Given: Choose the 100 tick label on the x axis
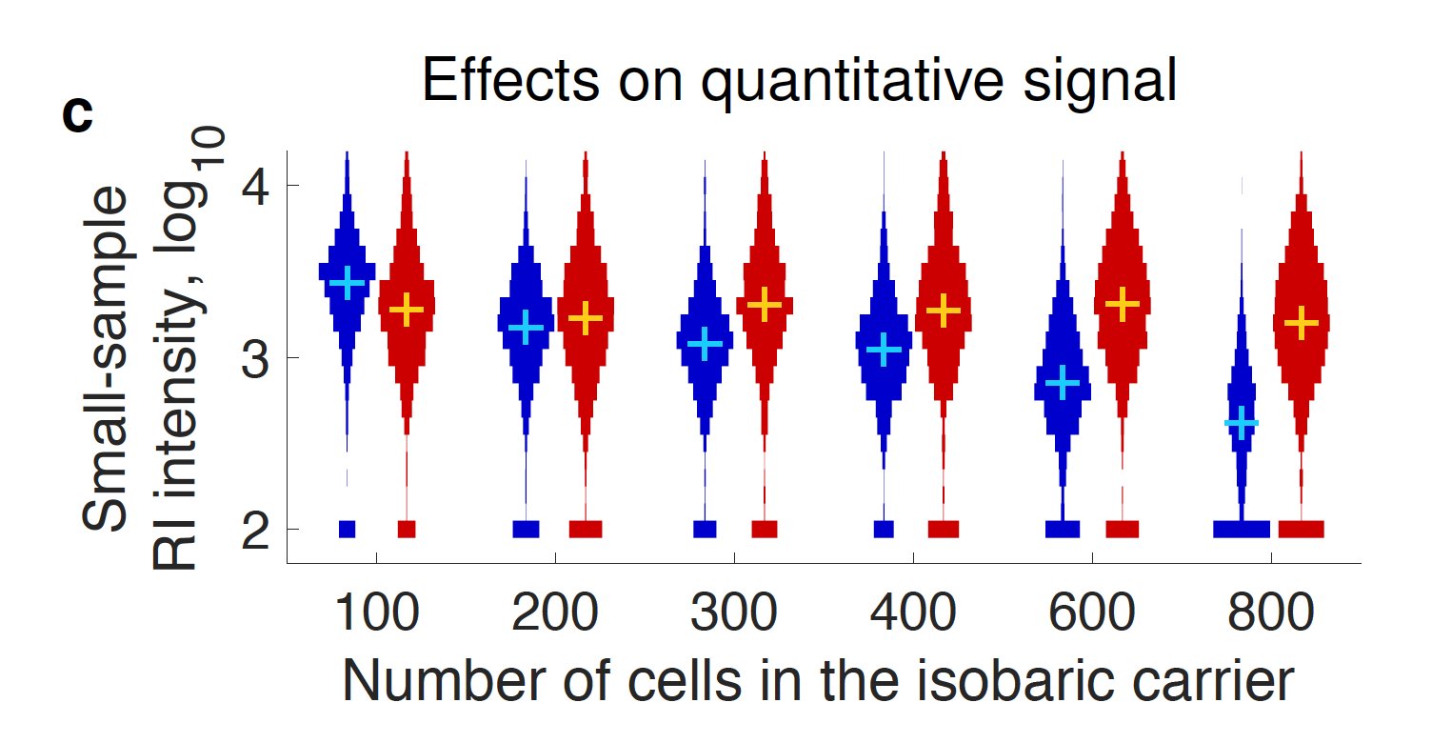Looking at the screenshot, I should (x=376, y=616).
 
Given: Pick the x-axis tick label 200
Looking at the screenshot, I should (x=555, y=616).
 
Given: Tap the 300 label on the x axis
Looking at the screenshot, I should (x=734, y=616).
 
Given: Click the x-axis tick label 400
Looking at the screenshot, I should (x=913, y=616).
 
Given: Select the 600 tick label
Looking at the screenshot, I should (x=1092, y=616).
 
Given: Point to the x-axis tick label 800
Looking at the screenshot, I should (x=1271, y=616).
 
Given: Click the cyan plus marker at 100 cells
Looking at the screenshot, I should (x=347, y=282).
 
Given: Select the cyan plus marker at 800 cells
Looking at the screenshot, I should (x=1242, y=422).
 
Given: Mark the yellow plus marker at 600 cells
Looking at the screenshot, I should (x=1123, y=304).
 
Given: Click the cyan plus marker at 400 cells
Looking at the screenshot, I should (x=885, y=350).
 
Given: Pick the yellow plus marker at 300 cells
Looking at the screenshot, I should (x=764, y=304).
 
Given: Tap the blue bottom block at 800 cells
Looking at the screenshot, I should (x=1242, y=529).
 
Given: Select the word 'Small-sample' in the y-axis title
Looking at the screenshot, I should (x=106, y=360).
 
